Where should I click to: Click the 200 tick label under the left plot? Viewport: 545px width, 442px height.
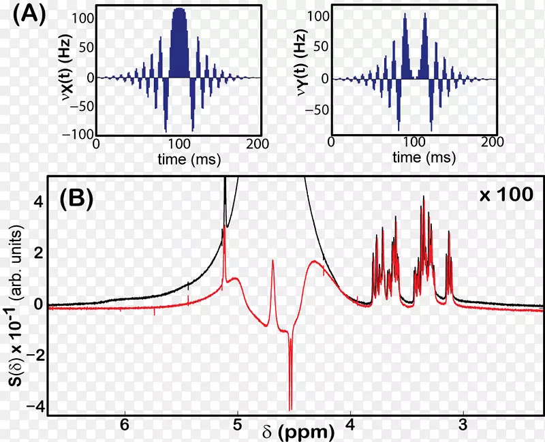pos(260,144)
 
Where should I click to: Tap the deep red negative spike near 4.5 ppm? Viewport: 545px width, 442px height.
pos(290,381)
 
